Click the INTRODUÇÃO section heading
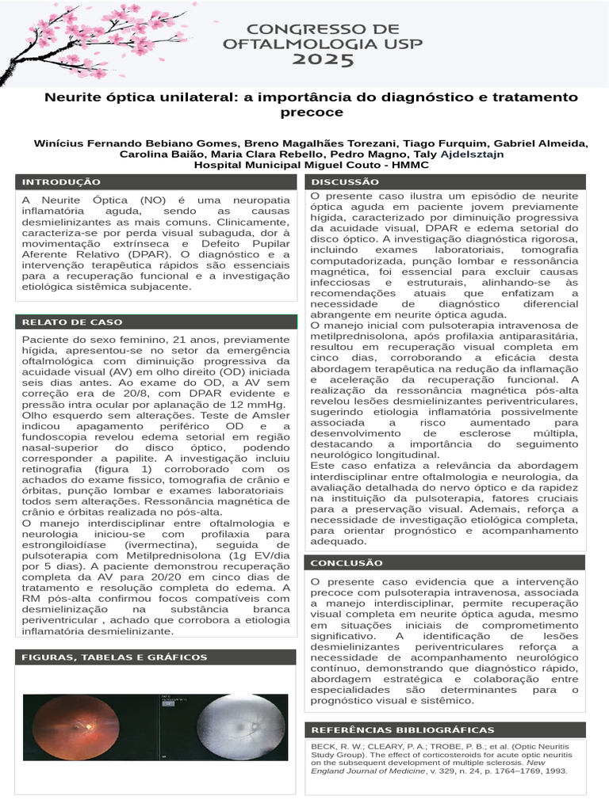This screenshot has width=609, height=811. (x=61, y=182)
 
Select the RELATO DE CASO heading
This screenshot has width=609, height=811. (x=72, y=322)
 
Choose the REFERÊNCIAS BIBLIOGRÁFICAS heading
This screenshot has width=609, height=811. (x=402, y=729)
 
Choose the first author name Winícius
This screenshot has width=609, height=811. (x=60, y=143)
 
